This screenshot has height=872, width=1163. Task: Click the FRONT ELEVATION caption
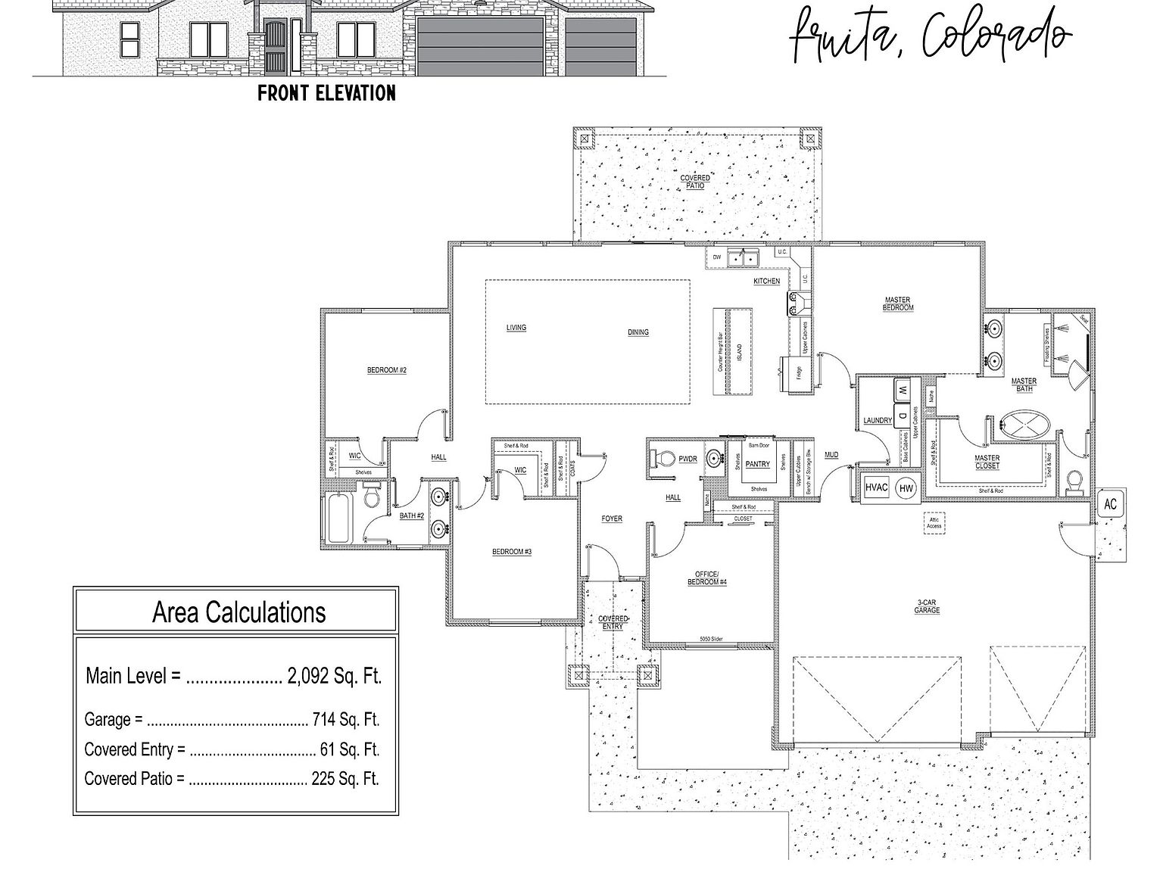click(x=326, y=93)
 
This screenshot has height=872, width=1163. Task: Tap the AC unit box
click(x=1110, y=504)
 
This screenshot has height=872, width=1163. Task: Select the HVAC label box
click(x=876, y=488)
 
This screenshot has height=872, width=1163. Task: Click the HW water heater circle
click(x=906, y=489)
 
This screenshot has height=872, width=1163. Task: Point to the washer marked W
click(x=903, y=391)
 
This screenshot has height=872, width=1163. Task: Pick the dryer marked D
click(x=903, y=415)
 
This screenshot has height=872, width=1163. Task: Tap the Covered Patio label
click(x=694, y=182)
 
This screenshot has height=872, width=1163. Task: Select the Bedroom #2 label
click(x=387, y=370)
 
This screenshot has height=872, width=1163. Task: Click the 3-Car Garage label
click(x=927, y=606)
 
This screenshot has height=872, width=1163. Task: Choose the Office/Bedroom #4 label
click(x=707, y=578)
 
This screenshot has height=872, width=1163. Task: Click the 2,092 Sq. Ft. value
click(x=334, y=676)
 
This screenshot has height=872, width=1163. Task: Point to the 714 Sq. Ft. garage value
click(x=346, y=719)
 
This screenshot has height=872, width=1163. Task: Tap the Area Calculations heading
click(x=239, y=612)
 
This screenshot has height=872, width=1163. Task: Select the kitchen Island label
click(x=739, y=352)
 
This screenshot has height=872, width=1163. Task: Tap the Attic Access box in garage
click(x=934, y=523)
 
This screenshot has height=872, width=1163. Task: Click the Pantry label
click(x=758, y=465)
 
